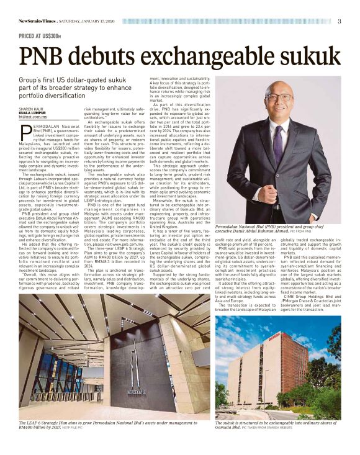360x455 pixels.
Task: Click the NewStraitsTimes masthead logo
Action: [x=40, y=21]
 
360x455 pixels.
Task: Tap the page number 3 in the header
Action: [x=339, y=21]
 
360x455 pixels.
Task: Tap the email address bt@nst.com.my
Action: [x=33, y=117]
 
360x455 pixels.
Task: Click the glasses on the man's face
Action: [x=277, y=98]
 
